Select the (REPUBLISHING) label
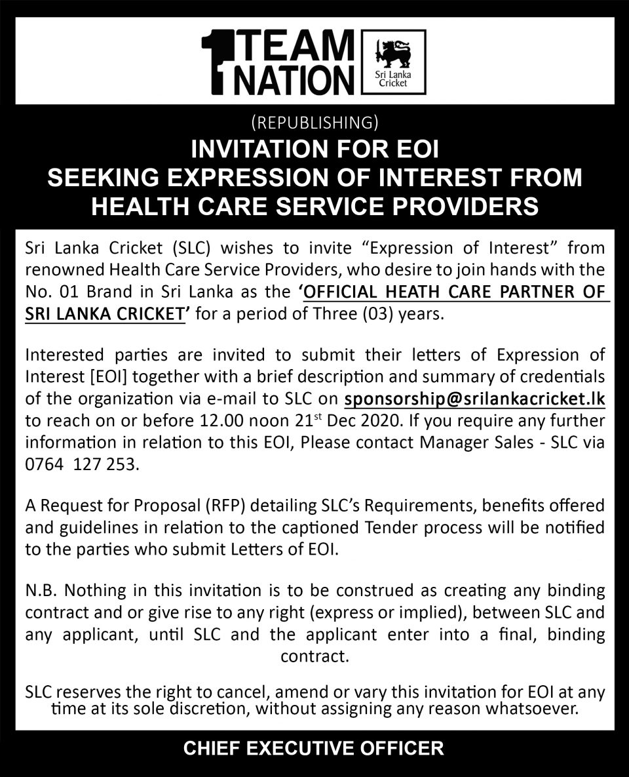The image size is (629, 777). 314,122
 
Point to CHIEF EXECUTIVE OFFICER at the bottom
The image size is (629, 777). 314,747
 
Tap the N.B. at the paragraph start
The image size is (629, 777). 43,589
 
